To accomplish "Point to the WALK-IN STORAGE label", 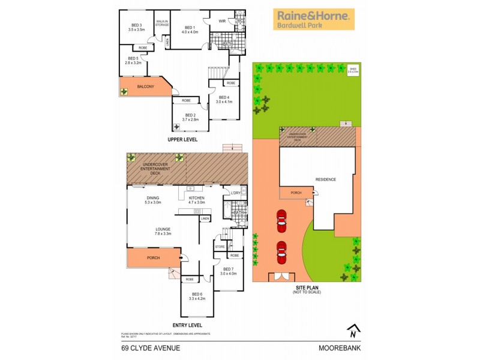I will tap(162, 23).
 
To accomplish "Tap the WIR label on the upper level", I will tap(221, 21).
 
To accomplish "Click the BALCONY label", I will tap(145, 87).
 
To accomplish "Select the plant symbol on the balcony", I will tap(124, 91).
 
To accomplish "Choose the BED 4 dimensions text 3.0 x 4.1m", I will tap(224, 101).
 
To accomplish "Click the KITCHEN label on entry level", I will tap(197, 197).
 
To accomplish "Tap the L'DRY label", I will tap(236, 193).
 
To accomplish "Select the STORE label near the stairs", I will tap(220, 246).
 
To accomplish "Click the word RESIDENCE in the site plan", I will tap(326, 179).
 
